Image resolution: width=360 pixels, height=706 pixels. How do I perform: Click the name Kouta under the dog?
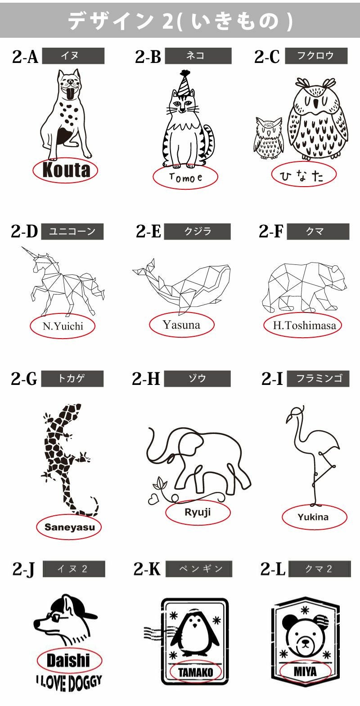pos(66,170)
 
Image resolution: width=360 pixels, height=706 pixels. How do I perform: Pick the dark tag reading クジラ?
pos(197,232)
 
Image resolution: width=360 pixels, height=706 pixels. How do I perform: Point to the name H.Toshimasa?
pos(304,325)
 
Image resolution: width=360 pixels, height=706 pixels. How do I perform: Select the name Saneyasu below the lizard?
pos(69,527)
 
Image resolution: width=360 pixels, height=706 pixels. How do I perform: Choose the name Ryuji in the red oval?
pos(198,512)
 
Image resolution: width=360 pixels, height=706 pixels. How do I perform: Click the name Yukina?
pos(313,517)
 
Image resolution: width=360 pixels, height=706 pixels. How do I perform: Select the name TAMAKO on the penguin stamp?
pos(196,673)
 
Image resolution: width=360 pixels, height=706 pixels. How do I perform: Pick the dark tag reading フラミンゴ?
pos(319,379)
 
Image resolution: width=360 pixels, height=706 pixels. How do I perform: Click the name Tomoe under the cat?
pos(185,178)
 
